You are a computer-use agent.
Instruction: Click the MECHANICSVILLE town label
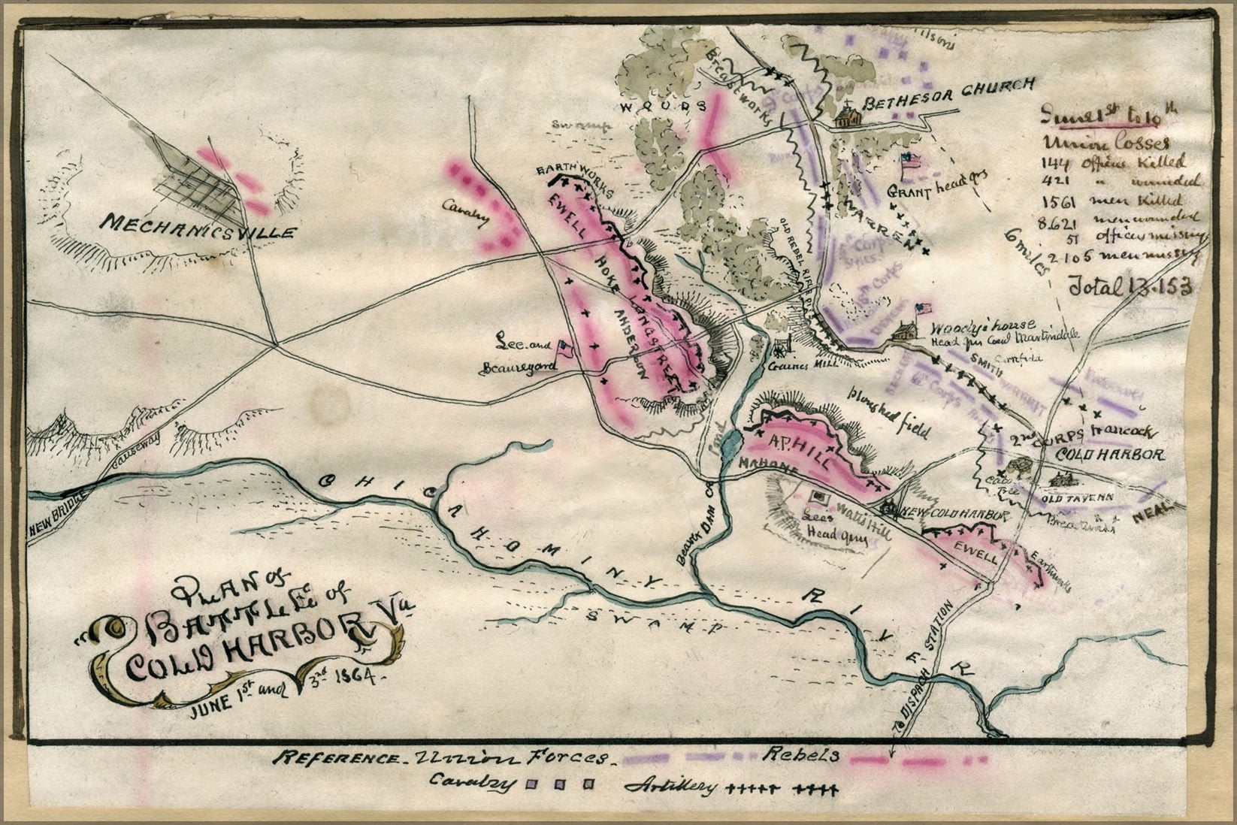pos(197,226)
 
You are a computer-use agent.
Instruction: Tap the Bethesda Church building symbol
pos(848,115)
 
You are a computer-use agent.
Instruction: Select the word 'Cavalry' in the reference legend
pos(473,782)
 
